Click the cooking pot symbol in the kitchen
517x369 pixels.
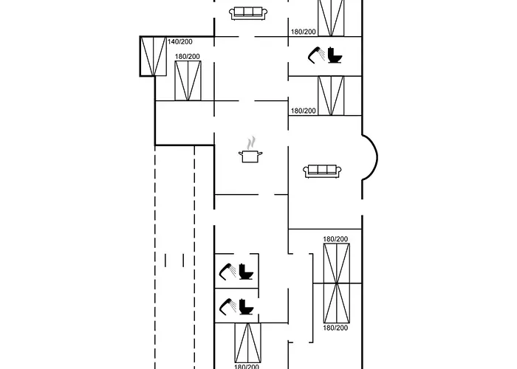coord(251,156)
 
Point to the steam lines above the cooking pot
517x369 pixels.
coord(252,141)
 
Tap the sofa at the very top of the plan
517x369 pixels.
coord(247,13)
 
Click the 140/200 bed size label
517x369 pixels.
coord(179,42)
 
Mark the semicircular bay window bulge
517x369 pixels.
coord(371,156)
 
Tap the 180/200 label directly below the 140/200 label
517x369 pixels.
coord(188,56)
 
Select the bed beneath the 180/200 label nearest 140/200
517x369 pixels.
coord(188,81)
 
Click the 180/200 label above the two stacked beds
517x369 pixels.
coord(335,239)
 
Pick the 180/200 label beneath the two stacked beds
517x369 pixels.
coord(335,327)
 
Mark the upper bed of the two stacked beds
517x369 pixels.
coord(335,263)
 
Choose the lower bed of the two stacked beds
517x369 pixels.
coord(335,303)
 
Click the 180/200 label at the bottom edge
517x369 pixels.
coord(247,366)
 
